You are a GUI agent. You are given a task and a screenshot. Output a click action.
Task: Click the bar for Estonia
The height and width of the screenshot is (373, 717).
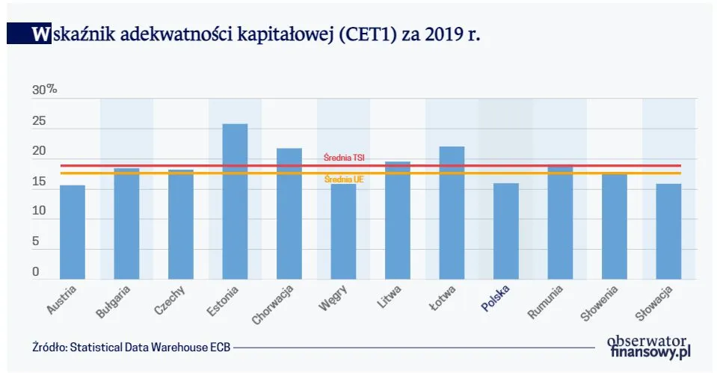click(235, 202)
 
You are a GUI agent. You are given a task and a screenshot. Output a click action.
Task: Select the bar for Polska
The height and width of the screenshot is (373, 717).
click(506, 231)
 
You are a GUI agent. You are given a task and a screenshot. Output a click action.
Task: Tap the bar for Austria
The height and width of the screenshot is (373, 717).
click(73, 232)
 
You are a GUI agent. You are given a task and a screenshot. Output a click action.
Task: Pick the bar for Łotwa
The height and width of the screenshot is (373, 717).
click(452, 213)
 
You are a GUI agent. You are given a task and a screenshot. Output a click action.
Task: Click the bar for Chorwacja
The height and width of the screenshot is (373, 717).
click(289, 214)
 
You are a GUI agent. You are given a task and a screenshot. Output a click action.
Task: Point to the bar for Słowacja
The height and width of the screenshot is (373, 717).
click(668, 231)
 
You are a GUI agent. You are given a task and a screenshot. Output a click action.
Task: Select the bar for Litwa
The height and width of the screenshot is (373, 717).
click(398, 221)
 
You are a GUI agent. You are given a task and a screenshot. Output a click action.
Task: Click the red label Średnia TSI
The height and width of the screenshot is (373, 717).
click(344, 158)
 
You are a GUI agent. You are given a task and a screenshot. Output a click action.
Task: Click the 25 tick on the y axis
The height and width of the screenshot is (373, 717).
click(39, 120)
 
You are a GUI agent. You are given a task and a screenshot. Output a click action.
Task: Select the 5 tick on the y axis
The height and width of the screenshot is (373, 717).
click(35, 242)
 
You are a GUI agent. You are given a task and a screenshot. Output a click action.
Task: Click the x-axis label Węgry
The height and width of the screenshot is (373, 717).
click(332, 297)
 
